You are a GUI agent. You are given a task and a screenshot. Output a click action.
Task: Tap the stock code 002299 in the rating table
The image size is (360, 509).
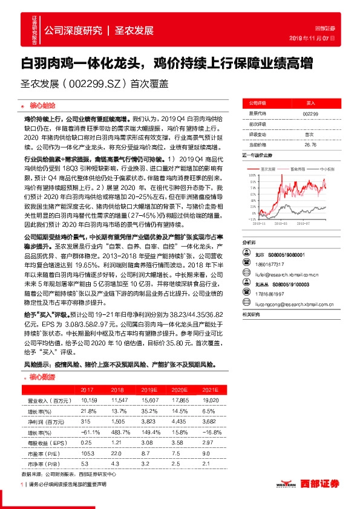pos(310,114)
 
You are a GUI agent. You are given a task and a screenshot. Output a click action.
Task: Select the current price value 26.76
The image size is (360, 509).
pos(310,145)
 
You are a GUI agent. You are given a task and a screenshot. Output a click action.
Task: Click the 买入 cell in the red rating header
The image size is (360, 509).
pos(310,103)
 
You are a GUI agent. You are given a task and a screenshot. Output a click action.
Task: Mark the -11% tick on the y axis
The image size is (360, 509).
pos(250,220)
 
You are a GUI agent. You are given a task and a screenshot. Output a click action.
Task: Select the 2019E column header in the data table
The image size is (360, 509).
pos(147,391)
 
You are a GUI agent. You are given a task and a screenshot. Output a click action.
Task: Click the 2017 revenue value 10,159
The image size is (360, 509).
pos(89,400)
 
